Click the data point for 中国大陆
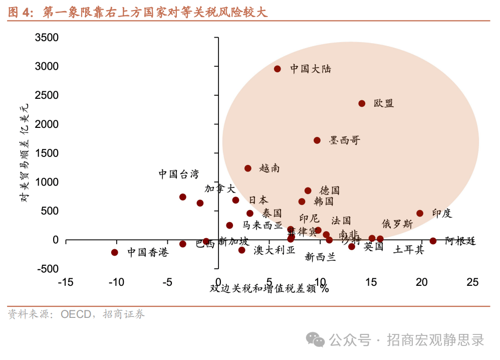(x=278, y=69)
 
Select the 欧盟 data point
(x=362, y=103)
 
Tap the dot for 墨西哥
(x=317, y=140)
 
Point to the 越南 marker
(x=248, y=168)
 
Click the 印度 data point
(x=420, y=213)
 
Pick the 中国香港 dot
(x=115, y=252)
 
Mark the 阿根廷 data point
(x=433, y=241)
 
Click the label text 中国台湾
(x=179, y=174)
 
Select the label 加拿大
(x=220, y=189)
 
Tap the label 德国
(x=330, y=191)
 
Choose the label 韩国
(x=324, y=202)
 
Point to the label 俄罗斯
(x=397, y=224)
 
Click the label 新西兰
(x=321, y=258)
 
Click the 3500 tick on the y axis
(x=47, y=38)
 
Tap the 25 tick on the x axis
(x=472, y=283)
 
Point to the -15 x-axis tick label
(x=66, y=283)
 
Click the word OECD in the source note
(x=76, y=314)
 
